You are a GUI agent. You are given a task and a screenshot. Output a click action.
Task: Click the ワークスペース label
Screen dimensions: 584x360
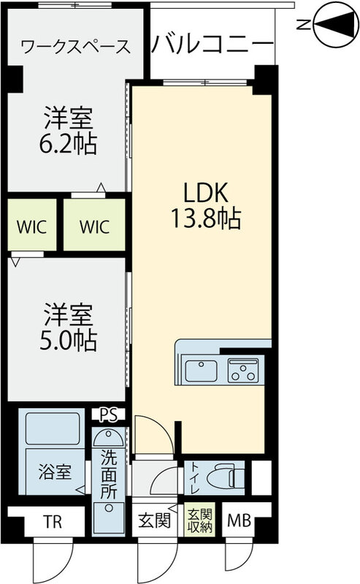[x=76, y=47]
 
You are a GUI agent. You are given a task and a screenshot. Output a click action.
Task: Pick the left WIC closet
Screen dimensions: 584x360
[x=32, y=226]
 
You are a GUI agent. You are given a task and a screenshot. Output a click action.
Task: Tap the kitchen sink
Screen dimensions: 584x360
[x=202, y=370]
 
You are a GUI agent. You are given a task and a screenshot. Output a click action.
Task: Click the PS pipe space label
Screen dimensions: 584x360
[x=109, y=415]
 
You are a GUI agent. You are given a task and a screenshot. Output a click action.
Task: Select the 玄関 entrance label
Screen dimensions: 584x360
[x=155, y=521]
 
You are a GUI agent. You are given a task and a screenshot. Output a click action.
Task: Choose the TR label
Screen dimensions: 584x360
[x=51, y=521]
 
